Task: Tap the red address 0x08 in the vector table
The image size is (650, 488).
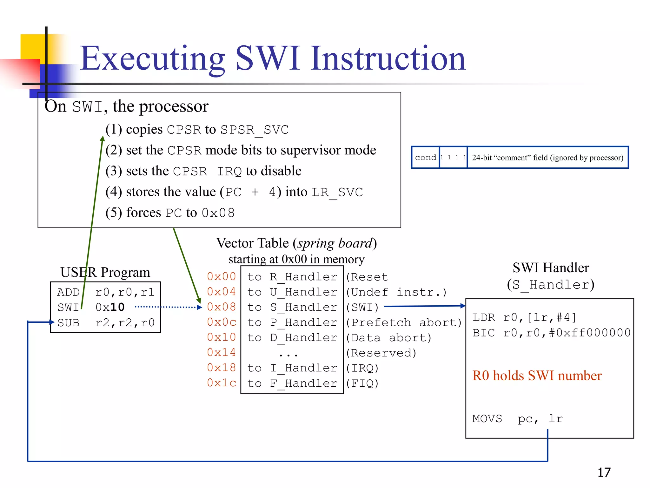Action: point(221,307)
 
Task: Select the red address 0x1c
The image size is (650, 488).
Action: point(221,383)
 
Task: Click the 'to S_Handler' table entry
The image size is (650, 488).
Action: point(292,307)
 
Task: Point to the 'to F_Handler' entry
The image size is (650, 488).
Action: point(292,383)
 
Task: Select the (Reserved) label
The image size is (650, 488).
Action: point(381,353)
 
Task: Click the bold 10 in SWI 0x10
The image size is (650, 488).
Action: point(117,307)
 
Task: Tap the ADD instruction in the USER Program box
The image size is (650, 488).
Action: point(68,292)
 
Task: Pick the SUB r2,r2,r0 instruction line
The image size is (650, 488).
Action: point(106,322)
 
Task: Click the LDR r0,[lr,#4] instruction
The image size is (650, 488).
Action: point(524,317)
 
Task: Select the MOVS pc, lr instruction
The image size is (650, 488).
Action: point(517,419)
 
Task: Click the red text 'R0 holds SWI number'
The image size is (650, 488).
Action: point(537,376)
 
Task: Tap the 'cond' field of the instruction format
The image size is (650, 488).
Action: point(425,158)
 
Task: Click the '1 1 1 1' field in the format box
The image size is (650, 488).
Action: point(453,158)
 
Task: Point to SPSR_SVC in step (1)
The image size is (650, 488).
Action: point(255,130)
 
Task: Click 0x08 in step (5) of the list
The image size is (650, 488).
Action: point(218,213)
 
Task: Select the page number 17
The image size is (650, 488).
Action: point(604,472)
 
